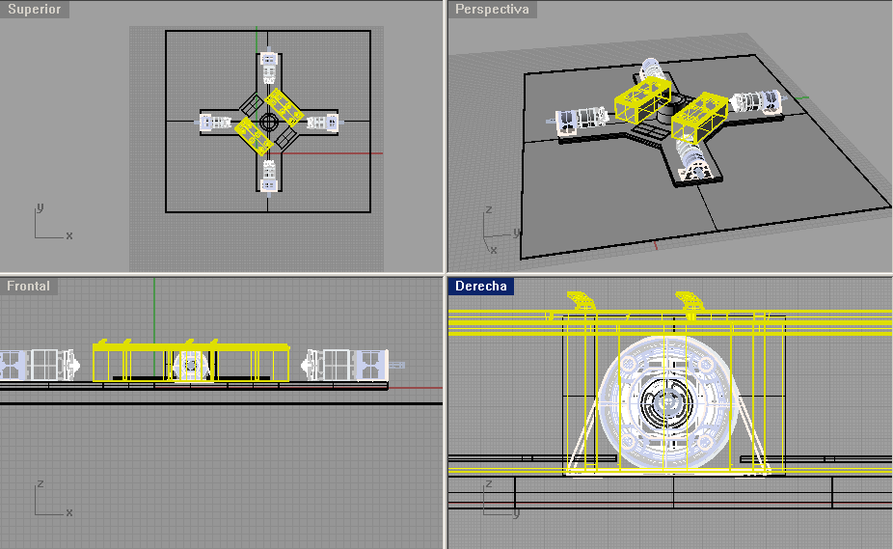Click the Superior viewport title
click(34, 9)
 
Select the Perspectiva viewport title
click(492, 9)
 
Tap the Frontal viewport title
click(28, 286)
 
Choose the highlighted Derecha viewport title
click(480, 286)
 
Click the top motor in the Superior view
click(269, 68)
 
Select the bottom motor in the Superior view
click(269, 177)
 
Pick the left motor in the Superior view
click(215, 122)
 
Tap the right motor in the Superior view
click(323, 122)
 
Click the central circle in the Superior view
click(269, 122)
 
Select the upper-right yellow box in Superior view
click(284, 107)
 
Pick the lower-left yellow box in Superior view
click(254, 136)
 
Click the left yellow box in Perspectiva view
click(642, 99)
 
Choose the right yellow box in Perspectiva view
click(700, 118)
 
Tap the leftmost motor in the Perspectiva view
click(580, 120)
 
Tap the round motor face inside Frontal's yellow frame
click(191, 365)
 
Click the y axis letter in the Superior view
click(40, 207)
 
